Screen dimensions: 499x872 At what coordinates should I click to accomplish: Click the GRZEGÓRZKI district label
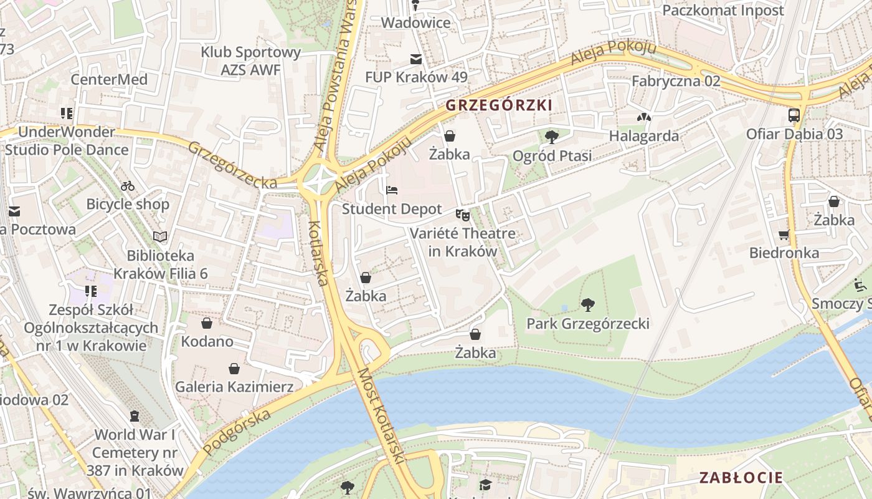(499, 105)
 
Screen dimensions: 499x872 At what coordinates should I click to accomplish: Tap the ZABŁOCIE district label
(741, 478)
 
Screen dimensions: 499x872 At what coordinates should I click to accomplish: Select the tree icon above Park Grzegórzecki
(587, 304)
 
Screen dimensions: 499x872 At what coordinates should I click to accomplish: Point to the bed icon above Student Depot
(392, 190)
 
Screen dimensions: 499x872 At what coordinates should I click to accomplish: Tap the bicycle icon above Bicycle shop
(128, 185)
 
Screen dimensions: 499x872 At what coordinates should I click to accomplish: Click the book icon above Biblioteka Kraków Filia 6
(160, 236)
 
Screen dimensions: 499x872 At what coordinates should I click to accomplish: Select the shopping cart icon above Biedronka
(784, 235)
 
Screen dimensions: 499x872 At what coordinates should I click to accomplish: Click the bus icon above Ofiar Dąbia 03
(794, 115)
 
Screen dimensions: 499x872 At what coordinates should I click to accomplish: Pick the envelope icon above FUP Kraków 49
(415, 59)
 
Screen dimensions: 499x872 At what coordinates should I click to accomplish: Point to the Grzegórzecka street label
(232, 165)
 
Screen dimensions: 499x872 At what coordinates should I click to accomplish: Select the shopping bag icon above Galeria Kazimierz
(234, 368)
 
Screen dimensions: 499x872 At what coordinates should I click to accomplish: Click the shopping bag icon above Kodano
(207, 323)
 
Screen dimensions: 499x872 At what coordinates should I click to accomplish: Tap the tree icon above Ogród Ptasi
(551, 137)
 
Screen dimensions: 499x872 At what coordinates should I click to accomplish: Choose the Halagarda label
(644, 135)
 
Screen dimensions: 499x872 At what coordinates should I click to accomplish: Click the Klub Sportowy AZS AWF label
(251, 61)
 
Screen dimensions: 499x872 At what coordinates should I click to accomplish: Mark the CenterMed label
(109, 79)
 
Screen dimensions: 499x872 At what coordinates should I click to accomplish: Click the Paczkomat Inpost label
(723, 10)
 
